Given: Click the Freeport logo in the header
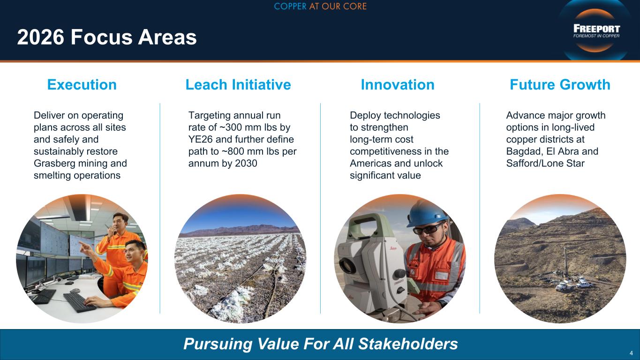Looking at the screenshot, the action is [x=596, y=31].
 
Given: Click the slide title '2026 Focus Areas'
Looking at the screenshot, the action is [x=107, y=37].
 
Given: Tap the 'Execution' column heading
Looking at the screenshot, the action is [x=82, y=84].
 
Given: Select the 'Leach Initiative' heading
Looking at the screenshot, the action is [x=238, y=84].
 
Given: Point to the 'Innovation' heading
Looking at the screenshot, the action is [x=398, y=84].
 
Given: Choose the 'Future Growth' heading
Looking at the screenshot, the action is [x=560, y=84].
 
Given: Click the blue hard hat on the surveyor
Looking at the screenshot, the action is [x=427, y=213].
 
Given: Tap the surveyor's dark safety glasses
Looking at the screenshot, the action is [x=428, y=229].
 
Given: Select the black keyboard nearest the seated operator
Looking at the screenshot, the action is [x=79, y=302].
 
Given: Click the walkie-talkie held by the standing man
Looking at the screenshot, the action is [x=109, y=228].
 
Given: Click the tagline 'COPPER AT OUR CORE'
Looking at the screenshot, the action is [x=320, y=6].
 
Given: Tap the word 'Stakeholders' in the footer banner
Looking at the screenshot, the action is [x=408, y=344].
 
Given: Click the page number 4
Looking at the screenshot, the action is [x=631, y=353].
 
